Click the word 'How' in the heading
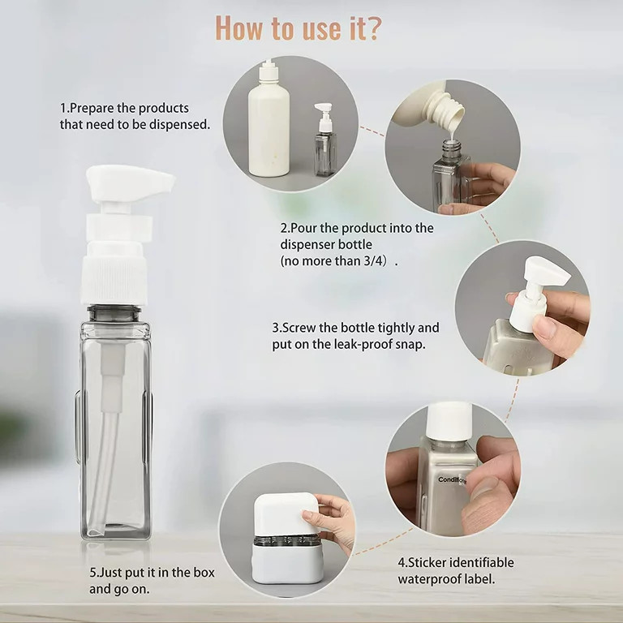point(240,28)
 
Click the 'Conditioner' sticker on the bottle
point(452,480)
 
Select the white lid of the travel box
point(285,513)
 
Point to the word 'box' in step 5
point(204,573)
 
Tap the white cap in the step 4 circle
point(448,421)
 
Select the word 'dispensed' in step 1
point(179,125)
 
